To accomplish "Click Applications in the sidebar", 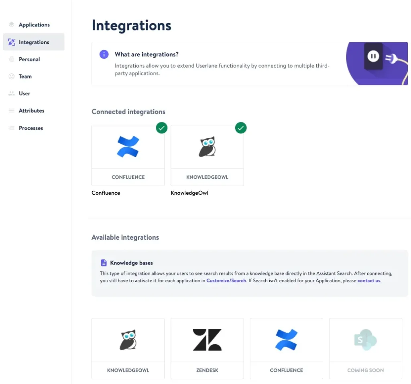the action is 34,25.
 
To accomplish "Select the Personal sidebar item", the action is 29,59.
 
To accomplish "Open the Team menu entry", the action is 25,77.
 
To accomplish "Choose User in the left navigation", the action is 24,93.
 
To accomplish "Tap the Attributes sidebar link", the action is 31,111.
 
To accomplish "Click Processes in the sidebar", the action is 31,128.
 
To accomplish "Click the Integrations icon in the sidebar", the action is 12,42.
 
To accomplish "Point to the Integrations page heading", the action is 131,26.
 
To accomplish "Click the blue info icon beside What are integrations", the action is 104,54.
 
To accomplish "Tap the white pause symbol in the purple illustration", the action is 373,56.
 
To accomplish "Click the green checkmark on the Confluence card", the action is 162,128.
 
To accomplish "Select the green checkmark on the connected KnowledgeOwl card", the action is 241,128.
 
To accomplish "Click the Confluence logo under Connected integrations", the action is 128,147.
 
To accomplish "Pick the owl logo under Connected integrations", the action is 208,147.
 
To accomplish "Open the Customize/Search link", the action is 226,281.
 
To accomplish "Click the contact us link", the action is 369,281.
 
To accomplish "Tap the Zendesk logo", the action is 208,340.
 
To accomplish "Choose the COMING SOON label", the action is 365,370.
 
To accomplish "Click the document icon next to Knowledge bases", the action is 104,263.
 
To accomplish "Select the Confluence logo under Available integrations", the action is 287,340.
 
